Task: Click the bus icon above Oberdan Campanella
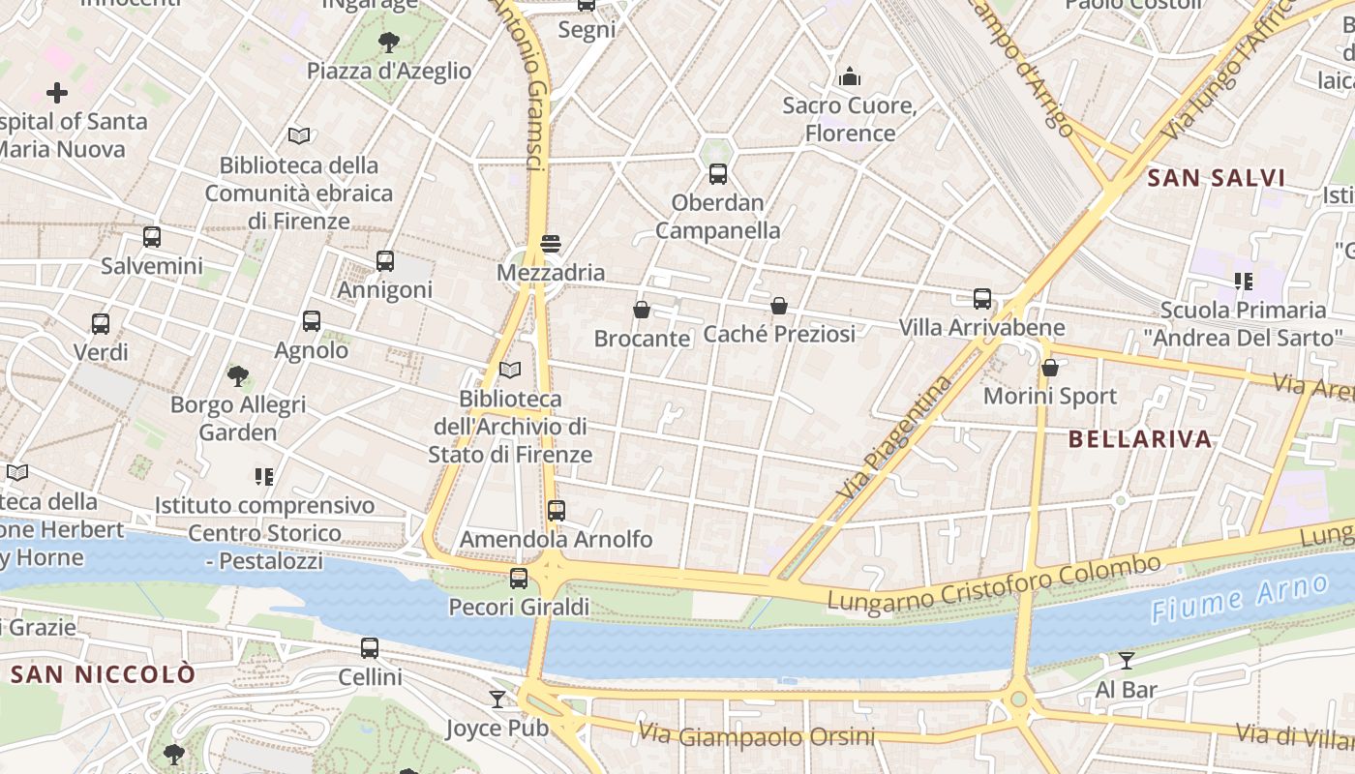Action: click(717, 174)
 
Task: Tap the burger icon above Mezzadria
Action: click(551, 243)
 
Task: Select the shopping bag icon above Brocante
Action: click(641, 310)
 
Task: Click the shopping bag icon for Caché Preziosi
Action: click(779, 306)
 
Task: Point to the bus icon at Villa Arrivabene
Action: click(982, 298)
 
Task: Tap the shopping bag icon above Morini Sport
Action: click(1050, 368)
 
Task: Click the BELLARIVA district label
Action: click(1140, 439)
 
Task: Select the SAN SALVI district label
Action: click(1216, 178)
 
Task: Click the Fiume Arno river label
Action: click(1240, 599)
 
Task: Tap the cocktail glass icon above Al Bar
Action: click(1126, 661)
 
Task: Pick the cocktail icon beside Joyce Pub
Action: click(497, 699)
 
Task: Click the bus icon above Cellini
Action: click(370, 648)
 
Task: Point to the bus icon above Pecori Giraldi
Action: click(519, 579)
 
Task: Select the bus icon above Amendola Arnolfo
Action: click(556, 510)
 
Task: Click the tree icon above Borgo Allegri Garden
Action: click(238, 375)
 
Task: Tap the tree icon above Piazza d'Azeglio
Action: click(389, 42)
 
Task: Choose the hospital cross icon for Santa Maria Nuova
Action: click(57, 93)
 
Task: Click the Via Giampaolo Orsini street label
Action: click(756, 736)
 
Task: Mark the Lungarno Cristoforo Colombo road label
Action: click(993, 583)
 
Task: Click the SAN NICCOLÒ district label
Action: click(104, 674)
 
